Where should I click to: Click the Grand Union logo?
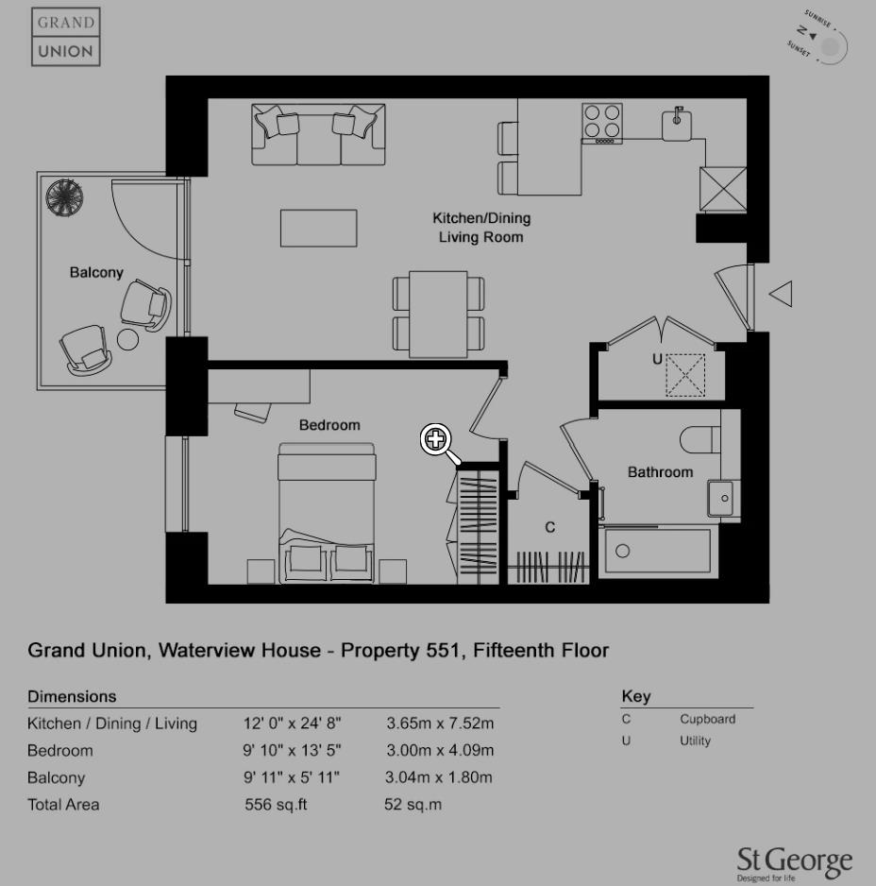coord(66,37)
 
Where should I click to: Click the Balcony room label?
coord(96,273)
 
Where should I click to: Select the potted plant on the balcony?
coord(64,196)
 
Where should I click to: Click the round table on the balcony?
coord(127,338)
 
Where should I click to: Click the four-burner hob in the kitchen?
coord(601,121)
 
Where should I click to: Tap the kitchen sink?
coord(677,123)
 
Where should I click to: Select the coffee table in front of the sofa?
coord(318,228)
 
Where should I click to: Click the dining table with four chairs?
coord(438,315)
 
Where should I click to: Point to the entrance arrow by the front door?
coord(781,294)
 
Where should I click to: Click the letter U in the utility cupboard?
coord(657,360)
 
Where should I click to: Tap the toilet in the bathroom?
coord(700,439)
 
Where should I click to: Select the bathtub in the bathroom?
coord(657,553)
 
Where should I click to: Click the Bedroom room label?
coord(329,425)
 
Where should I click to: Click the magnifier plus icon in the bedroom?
coord(435,438)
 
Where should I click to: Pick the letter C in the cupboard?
coord(550,527)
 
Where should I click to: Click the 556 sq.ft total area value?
coord(276,805)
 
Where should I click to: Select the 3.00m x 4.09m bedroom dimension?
coord(439,751)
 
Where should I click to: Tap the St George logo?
coord(794,862)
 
